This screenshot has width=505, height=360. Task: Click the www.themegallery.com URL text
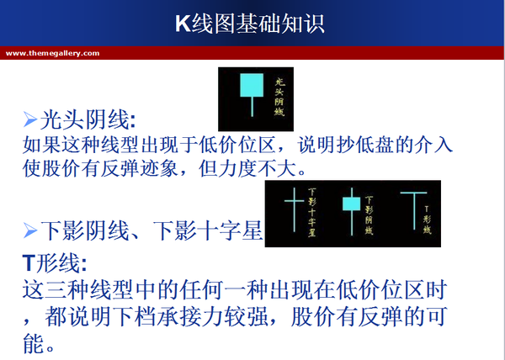[52, 53]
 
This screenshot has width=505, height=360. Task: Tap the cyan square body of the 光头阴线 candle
[250, 85]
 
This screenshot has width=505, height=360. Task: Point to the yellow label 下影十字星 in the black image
[314, 211]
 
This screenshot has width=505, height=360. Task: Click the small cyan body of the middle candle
[349, 203]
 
